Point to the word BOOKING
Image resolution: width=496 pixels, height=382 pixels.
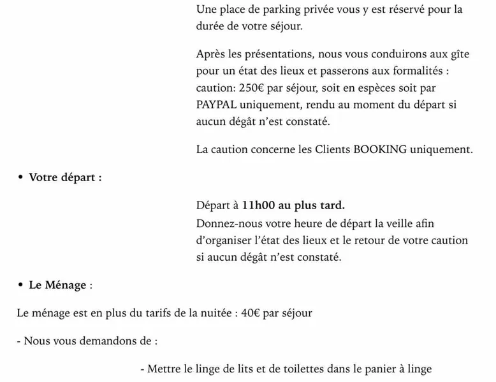point(381,150)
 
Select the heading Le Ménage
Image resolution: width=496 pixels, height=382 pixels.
point(57,285)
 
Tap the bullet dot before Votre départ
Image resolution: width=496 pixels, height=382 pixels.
point(21,177)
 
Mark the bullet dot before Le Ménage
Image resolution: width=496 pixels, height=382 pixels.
point(21,285)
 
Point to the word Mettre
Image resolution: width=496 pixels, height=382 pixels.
point(164,368)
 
